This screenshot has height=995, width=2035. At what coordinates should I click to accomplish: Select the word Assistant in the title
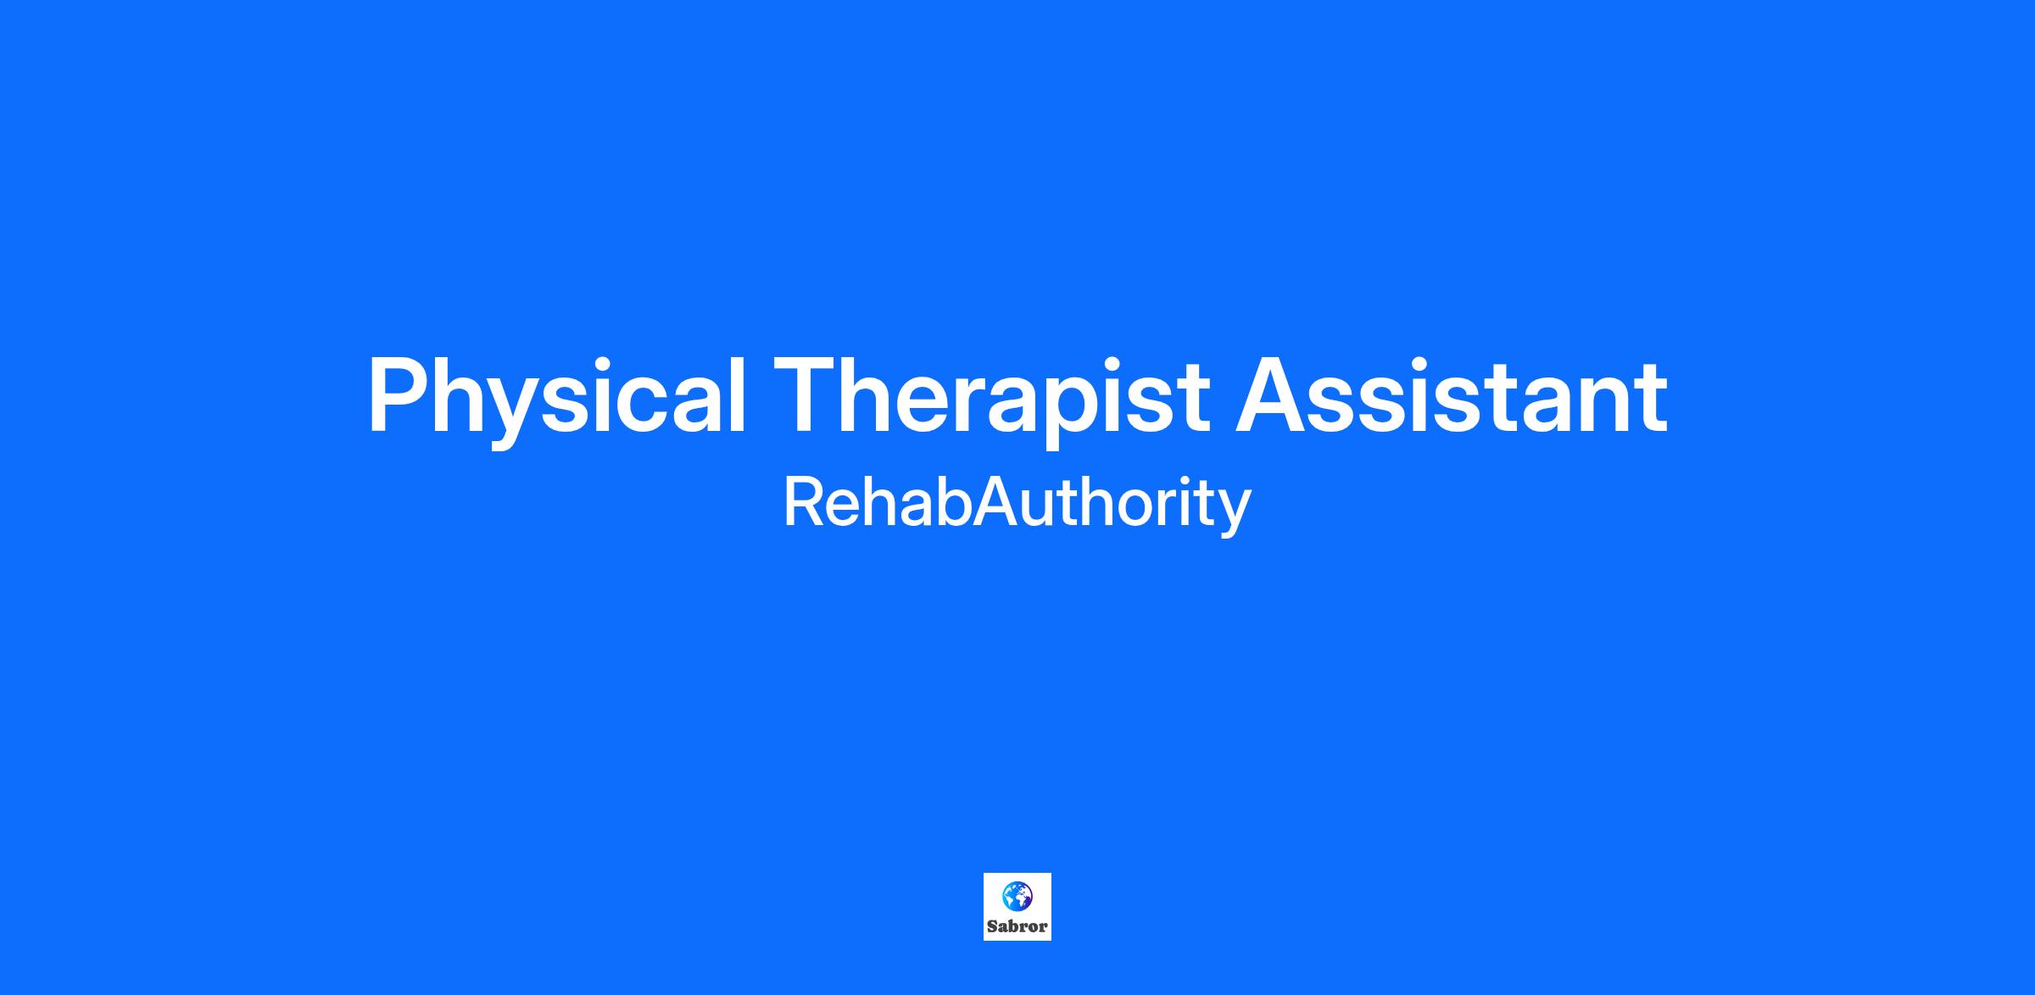coord(1452,395)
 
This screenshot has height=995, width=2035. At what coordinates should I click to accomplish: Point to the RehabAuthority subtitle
coord(1017,506)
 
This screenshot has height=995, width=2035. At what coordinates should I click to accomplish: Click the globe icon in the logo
coord(1017,894)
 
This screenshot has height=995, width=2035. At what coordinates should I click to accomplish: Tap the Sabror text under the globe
coord(1017,926)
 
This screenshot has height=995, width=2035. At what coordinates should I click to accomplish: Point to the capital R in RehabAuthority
coord(806,503)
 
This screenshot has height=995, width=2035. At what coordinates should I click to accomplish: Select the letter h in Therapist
coord(873,395)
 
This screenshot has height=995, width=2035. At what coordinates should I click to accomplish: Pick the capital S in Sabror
coord(992,926)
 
